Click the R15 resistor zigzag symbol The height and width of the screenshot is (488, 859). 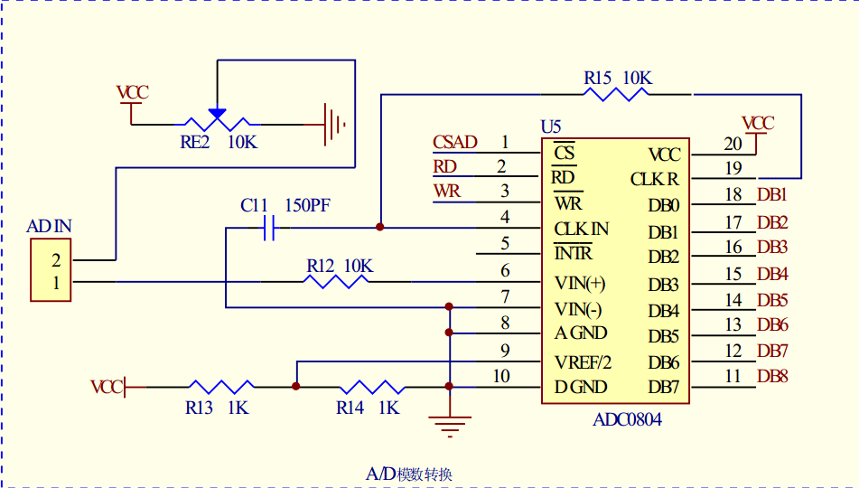tap(616, 94)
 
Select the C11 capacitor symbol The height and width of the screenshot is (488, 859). tap(268, 228)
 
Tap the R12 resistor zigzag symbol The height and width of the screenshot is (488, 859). tap(336, 282)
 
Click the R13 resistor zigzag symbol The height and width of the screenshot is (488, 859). tap(221, 387)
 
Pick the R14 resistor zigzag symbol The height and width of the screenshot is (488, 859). tap(372, 387)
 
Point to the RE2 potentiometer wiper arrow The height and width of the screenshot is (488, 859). tap(217, 114)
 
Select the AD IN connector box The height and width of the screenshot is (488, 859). tap(51, 270)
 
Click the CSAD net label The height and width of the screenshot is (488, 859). tap(454, 142)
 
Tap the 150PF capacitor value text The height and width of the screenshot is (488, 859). tap(307, 205)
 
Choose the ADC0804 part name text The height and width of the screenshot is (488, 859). tap(627, 419)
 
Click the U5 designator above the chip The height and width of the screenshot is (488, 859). tap(551, 127)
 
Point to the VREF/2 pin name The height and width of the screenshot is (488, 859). tap(583, 362)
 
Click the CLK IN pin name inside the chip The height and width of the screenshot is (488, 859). tap(582, 229)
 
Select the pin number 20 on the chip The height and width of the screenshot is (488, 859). tap(733, 144)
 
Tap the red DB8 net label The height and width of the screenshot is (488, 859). tap(772, 376)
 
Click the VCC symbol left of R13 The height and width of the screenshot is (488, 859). tap(108, 387)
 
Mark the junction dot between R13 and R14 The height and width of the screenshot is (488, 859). tap(296, 387)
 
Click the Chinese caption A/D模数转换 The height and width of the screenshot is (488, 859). tap(408, 474)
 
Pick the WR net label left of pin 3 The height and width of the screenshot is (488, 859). tap(447, 192)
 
